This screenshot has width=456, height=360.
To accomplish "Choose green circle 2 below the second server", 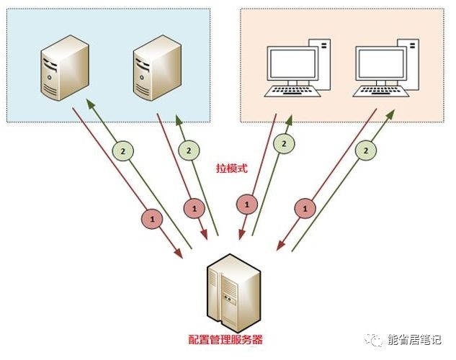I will click(x=188, y=151).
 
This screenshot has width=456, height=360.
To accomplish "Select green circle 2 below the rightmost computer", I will click(x=366, y=150).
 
